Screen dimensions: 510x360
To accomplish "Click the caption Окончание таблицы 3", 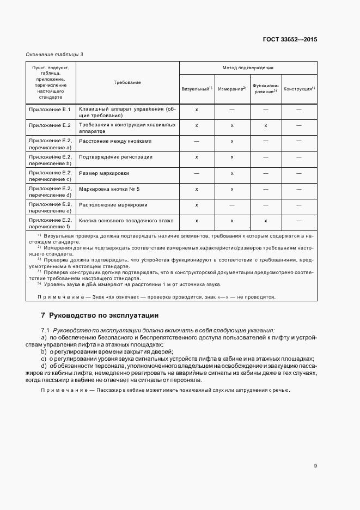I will tap(54, 54).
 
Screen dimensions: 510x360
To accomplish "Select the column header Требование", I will tap(127, 82).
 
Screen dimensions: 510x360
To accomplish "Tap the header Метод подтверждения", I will tap(248, 68).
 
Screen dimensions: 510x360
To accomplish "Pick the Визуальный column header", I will tap(196, 88).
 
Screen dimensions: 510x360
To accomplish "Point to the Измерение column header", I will tap(232, 88).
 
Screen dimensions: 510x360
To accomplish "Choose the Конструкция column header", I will tap(300, 88).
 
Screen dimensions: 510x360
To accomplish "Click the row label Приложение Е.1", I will tap(50, 110).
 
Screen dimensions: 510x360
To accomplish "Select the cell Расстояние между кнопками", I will tap(115, 141).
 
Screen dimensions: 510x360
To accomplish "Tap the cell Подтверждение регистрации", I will tap(115, 157).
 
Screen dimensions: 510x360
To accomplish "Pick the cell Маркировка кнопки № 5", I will tap(109, 189).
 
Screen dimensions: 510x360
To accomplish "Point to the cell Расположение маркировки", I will tap(113, 204).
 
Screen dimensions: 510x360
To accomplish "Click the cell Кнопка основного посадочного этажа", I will tap(126, 221).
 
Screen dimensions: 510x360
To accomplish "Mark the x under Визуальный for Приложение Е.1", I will tap(197, 110).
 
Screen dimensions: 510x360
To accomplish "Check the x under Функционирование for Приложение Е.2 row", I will tap(265, 125).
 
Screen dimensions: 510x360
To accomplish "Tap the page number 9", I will tap(315, 465).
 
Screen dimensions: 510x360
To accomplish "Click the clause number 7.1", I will tap(45, 330).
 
